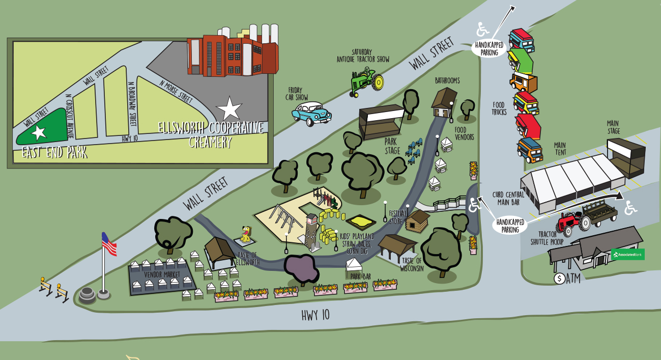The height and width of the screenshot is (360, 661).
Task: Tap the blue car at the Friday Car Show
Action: click(x=311, y=114)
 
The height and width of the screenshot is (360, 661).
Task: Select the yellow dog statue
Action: click(x=246, y=234)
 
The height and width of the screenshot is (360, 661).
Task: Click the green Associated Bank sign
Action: click(x=628, y=254)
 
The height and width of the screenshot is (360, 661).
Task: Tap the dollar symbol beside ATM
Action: click(x=560, y=279)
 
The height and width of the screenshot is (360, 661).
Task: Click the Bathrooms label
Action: click(x=447, y=80)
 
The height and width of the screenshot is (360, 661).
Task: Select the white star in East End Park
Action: click(x=39, y=132)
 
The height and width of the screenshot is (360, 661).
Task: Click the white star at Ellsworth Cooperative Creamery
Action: click(x=230, y=108)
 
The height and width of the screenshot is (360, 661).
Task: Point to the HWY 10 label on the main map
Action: click(x=315, y=315)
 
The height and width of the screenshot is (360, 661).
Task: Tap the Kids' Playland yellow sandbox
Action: click(x=361, y=221)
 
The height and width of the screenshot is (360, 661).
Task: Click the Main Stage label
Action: click(x=613, y=127)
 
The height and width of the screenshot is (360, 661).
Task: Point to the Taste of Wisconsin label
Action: click(x=412, y=265)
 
